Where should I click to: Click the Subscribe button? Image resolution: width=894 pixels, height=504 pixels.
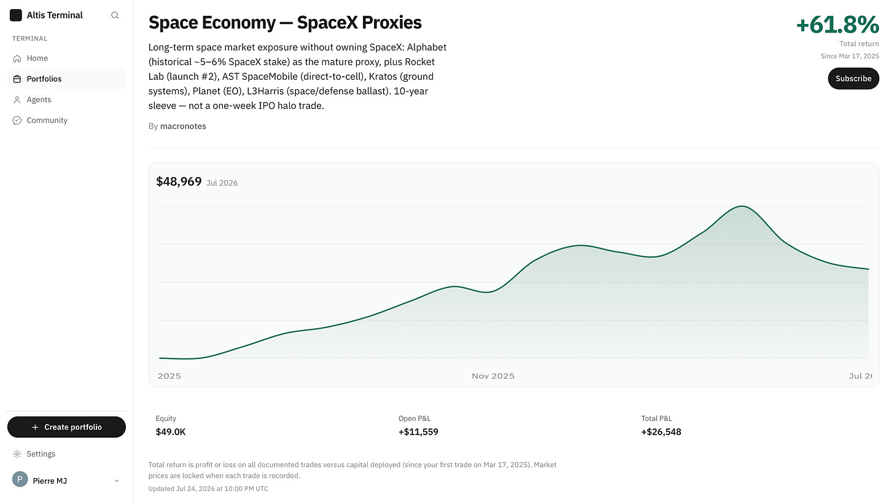[x=853, y=78]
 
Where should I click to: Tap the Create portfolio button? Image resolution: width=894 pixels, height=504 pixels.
[x=66, y=427]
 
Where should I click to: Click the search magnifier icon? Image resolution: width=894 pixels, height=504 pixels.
[x=115, y=15]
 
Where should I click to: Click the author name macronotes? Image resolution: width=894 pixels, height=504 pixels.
[x=183, y=126]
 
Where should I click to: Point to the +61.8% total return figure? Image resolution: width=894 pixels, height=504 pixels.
[x=837, y=25]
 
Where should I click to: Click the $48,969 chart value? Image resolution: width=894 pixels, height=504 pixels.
[x=179, y=182]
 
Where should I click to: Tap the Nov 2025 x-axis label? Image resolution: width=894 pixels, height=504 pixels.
[x=493, y=376]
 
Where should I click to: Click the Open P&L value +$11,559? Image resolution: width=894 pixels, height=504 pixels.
[x=418, y=431]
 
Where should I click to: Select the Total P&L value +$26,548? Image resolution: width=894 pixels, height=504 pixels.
[x=661, y=431]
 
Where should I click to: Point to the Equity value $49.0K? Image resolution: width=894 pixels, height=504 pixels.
[x=171, y=431]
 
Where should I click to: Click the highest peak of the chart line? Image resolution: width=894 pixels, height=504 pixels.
[x=742, y=206]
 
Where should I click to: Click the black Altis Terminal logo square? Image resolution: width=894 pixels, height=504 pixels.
[x=15, y=15]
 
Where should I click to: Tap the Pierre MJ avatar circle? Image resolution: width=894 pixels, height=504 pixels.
[x=20, y=479]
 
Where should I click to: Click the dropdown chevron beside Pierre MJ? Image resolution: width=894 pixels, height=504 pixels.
[x=117, y=481]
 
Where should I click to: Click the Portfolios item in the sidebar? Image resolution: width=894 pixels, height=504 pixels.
[x=44, y=79]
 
